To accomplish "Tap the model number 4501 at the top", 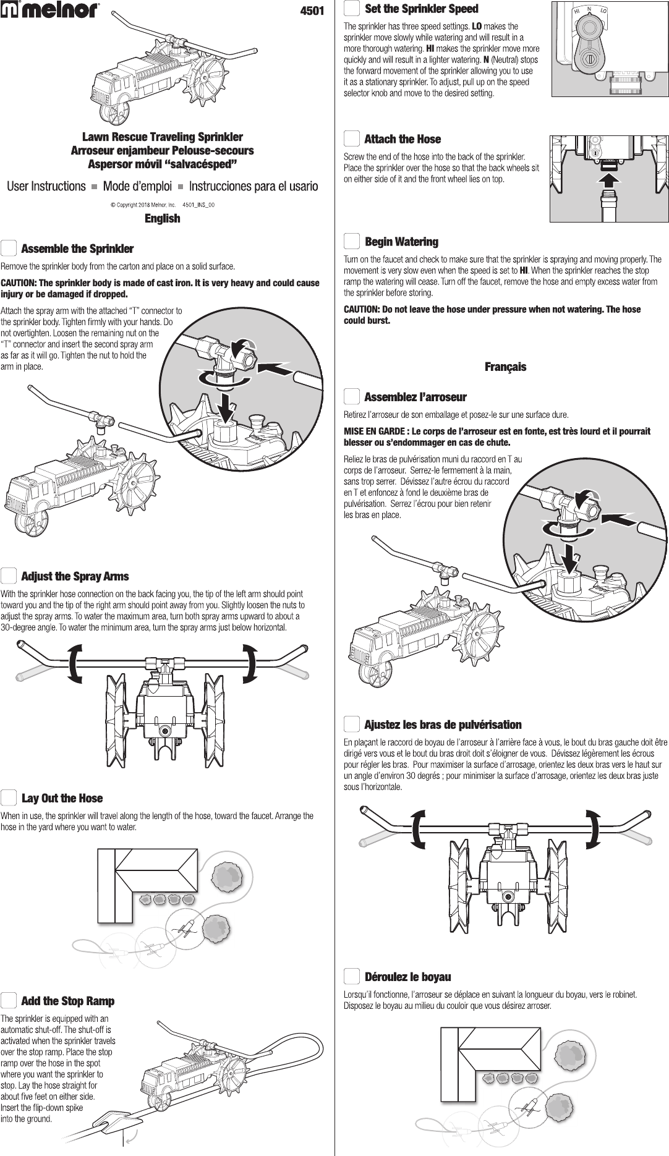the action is [x=312, y=11].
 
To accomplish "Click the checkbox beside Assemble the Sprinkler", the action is [x=9, y=249].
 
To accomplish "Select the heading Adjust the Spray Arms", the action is [x=75, y=576].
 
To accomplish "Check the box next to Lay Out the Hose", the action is [x=9, y=798].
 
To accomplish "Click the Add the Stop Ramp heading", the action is [x=67, y=1001].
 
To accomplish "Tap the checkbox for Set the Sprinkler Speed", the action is [x=352, y=9].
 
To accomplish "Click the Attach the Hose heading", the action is [x=403, y=139].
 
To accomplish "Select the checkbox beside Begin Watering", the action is [x=352, y=242].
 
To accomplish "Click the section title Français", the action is [x=505, y=367].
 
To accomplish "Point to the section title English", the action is [x=162, y=218].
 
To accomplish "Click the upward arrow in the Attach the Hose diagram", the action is [x=610, y=180].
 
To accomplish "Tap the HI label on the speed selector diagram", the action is [x=576, y=12].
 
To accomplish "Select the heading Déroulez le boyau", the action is [x=407, y=977].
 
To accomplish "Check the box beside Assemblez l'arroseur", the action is [x=352, y=396].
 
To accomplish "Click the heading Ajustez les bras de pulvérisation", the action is [x=443, y=725].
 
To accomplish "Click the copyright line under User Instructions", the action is [x=162, y=204].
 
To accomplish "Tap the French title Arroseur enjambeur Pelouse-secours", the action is [x=162, y=150].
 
